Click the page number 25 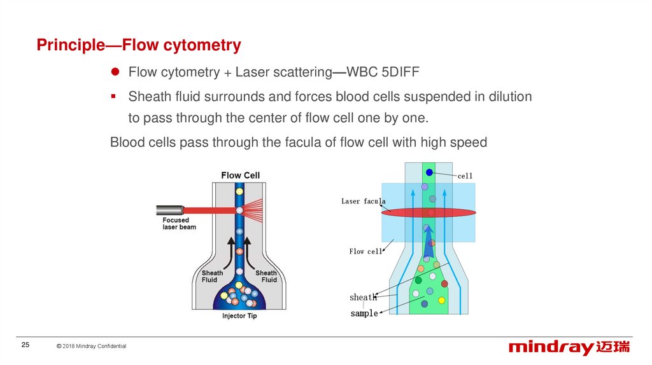pos(26,345)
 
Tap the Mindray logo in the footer pos(569,347)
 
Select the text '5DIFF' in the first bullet pos(400,72)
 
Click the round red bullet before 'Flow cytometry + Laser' pos(116,72)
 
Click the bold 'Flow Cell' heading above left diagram pos(240,176)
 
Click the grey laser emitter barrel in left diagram pos(169,210)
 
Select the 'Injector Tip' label pos(239,316)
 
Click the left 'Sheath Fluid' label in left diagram pos(212,277)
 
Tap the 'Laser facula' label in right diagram pos(363,202)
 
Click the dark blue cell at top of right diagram pos(430,172)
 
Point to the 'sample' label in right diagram pos(364,313)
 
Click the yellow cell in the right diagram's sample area pos(441,300)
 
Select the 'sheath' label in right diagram pos(363,298)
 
